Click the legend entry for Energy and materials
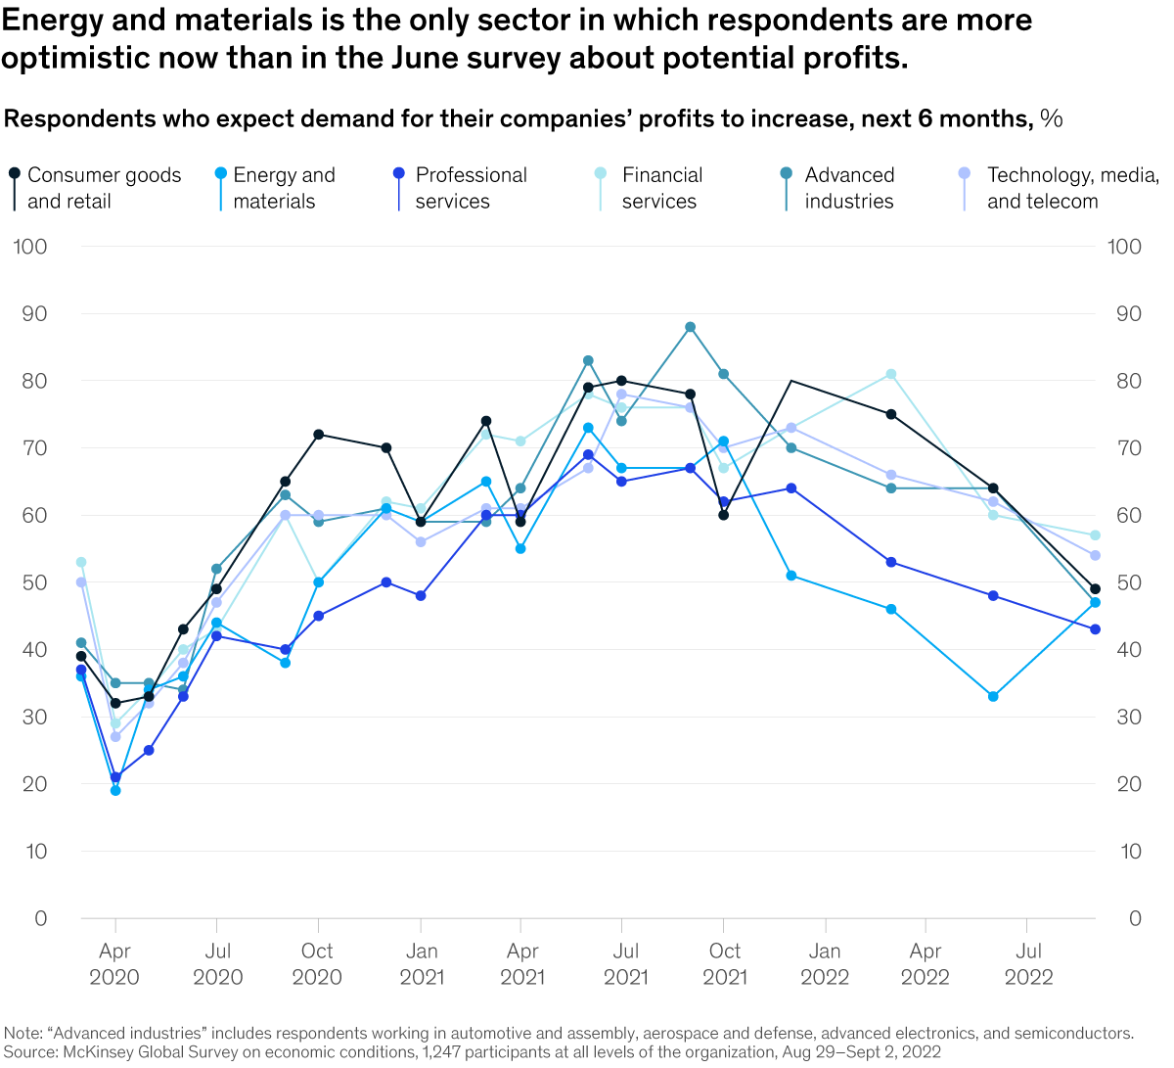(x=284, y=188)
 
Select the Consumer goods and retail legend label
(x=104, y=188)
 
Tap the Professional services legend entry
(x=471, y=188)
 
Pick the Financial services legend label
(x=661, y=188)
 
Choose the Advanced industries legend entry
(x=848, y=188)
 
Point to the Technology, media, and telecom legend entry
(x=1071, y=188)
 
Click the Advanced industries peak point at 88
(x=690, y=327)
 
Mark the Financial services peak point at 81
(x=891, y=374)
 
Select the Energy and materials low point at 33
(x=993, y=697)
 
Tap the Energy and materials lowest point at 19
(x=115, y=790)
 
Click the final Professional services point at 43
(x=1095, y=629)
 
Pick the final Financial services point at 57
(x=1095, y=535)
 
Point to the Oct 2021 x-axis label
(x=725, y=964)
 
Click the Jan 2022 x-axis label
(x=825, y=964)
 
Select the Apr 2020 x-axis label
(x=114, y=964)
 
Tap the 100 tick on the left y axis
(x=30, y=247)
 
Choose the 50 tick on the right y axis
(x=1124, y=582)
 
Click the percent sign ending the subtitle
(x=1052, y=119)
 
